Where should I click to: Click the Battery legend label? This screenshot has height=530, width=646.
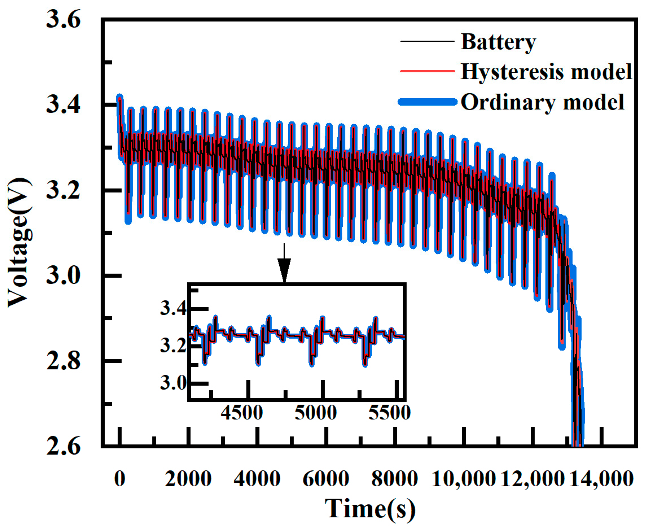click(498, 42)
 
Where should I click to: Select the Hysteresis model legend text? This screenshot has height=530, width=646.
click(546, 72)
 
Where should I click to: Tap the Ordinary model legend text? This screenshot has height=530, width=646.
click(542, 103)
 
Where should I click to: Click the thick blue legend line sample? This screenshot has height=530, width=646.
click(427, 102)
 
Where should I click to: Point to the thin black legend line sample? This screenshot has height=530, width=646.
click(427, 41)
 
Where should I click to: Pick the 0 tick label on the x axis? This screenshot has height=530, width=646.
click(120, 479)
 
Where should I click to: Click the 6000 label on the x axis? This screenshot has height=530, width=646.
click(326, 479)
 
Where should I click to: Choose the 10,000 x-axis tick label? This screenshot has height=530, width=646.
click(463, 479)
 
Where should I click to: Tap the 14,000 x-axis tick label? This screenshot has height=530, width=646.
click(602, 479)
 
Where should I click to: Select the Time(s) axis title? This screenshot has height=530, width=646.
click(370, 509)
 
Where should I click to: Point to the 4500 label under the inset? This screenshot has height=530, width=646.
click(242, 413)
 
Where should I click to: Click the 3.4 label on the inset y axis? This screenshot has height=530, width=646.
click(173, 309)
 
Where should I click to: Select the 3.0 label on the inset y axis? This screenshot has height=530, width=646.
click(173, 383)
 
